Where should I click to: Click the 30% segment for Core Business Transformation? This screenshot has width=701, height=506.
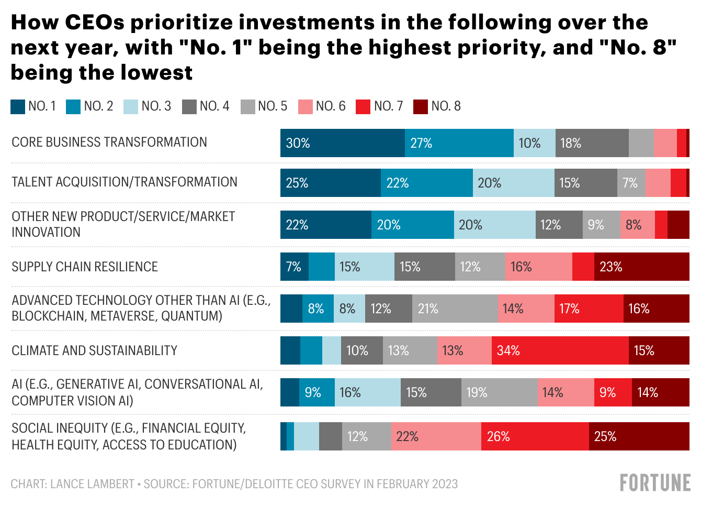pos(342,143)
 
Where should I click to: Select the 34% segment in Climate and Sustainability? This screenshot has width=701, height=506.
pos(560,350)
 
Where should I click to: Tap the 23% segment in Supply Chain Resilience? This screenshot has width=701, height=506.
pos(641,267)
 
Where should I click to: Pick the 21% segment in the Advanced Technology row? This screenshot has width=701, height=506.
pos(455,309)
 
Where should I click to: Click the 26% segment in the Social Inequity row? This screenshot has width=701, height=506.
pos(535,436)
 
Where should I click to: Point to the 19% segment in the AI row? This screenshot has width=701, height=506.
pos(499,392)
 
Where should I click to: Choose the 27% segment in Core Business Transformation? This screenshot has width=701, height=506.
pos(459,143)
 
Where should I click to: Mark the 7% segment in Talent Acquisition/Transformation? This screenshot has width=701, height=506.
pos(631,183)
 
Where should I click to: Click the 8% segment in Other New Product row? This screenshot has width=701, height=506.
pos(637,225)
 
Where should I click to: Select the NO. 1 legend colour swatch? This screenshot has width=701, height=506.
pos(18,106)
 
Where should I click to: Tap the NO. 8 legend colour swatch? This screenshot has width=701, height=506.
pos(421,106)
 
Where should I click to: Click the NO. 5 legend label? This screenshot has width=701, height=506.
pos(273,106)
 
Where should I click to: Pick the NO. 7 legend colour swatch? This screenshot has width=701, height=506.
pos(363,106)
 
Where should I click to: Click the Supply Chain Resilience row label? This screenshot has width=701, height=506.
pos(85,267)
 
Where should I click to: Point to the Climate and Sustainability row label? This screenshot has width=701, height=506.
pos(94,350)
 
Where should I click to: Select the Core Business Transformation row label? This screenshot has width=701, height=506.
pos(109,142)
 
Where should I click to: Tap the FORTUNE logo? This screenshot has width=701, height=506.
pos(655,483)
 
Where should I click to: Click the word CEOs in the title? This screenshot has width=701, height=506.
pos(95,23)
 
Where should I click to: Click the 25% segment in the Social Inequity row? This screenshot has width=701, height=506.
pos(639,436)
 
